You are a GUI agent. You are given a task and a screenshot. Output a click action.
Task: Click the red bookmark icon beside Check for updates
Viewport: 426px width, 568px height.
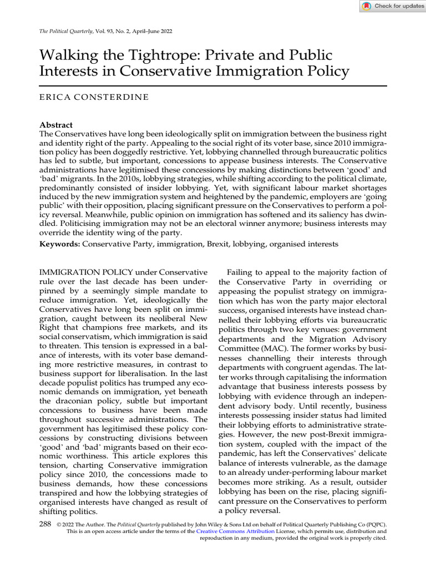click(x=367, y=6)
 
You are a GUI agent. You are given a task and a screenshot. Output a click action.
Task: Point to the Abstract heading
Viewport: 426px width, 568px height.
click(x=57, y=125)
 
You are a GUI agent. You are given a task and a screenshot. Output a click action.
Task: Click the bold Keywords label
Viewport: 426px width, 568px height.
click(x=60, y=244)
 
